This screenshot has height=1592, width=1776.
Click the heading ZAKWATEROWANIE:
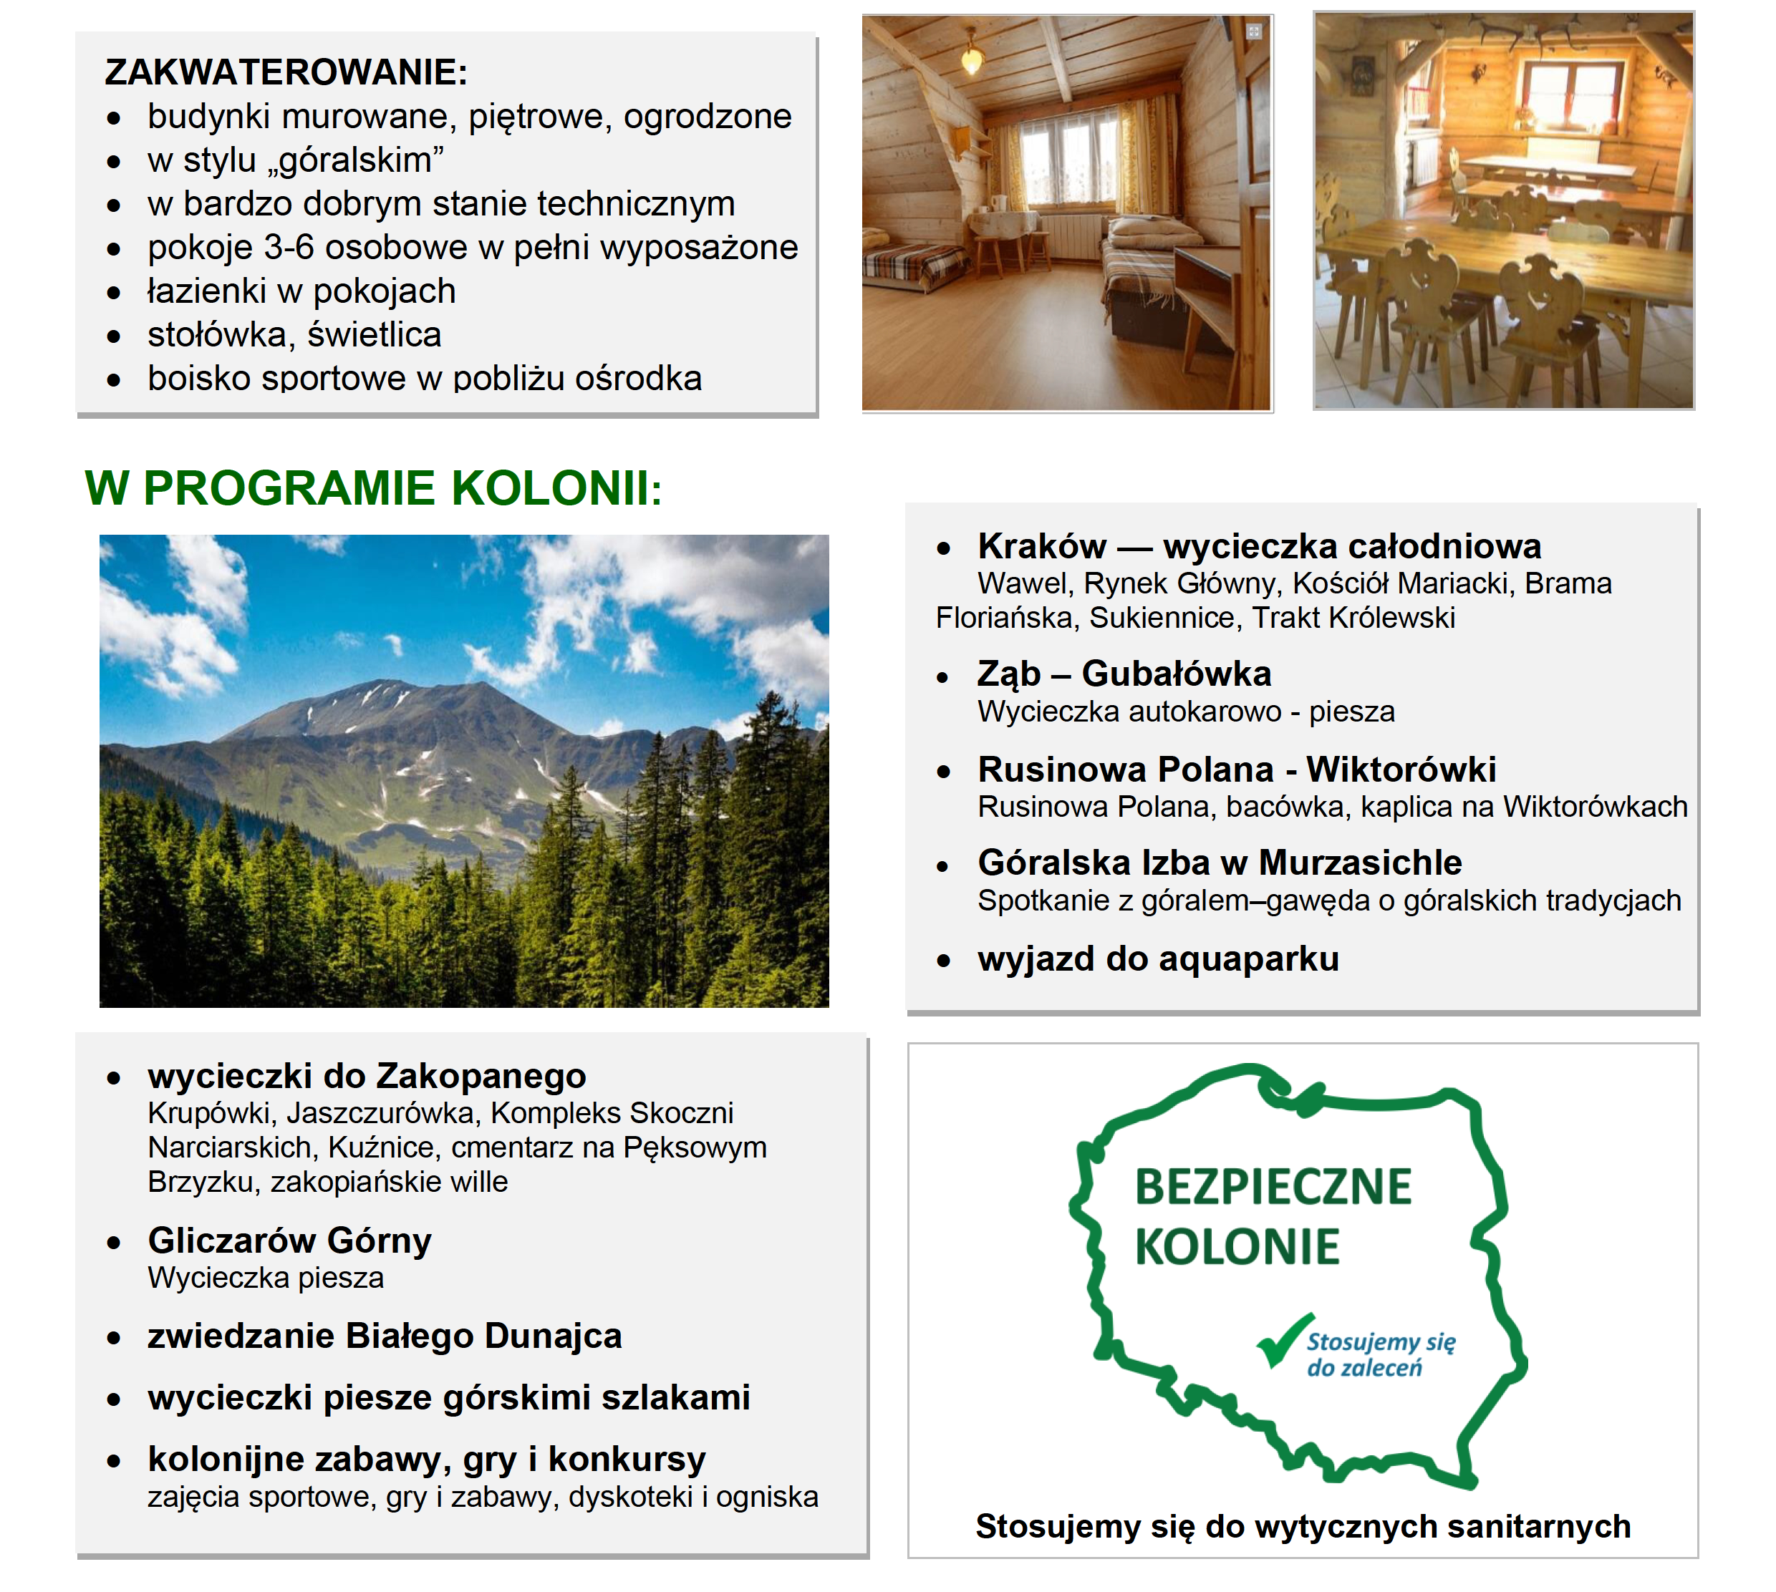[x=286, y=72]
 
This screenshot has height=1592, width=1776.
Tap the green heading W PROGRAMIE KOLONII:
[x=374, y=488]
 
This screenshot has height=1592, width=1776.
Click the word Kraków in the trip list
[x=1042, y=547]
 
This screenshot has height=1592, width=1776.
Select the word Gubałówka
[x=1176, y=674]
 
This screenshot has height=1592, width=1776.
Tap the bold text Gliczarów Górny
[x=289, y=1241]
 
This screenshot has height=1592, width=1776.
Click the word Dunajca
[x=553, y=1336]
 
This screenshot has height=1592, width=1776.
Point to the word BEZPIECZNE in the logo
[x=1273, y=1187]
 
